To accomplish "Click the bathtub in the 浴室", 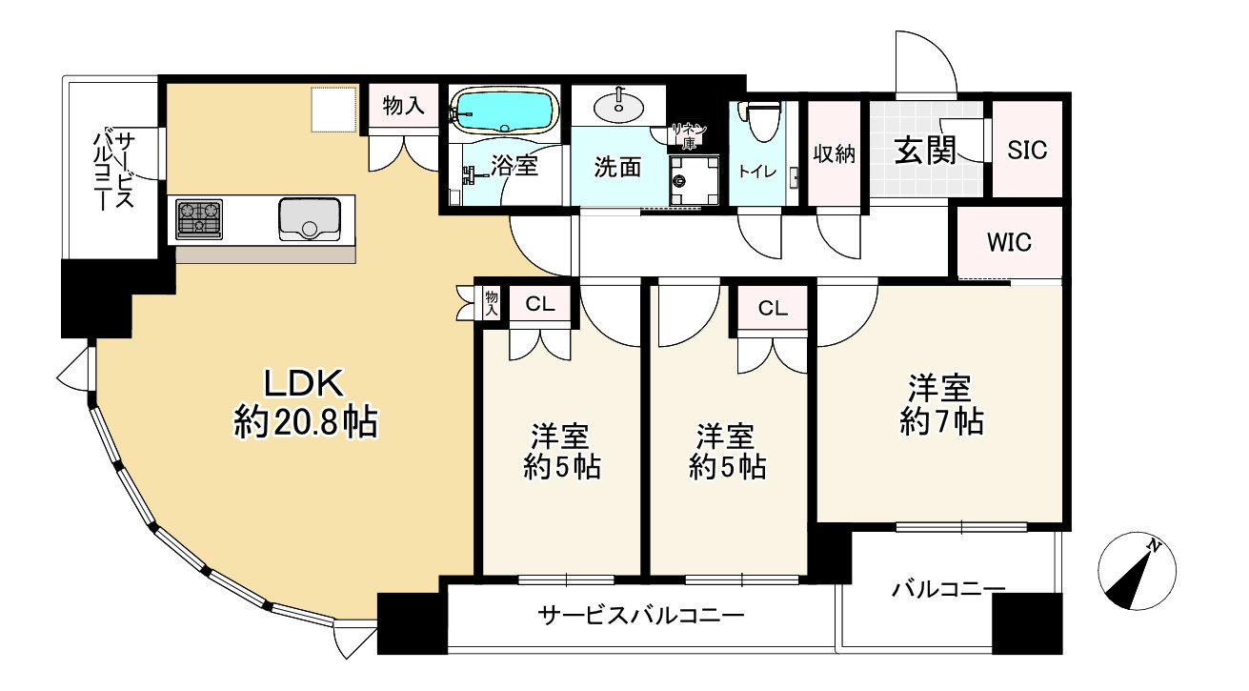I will coord(505,111).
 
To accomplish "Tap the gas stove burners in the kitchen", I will coord(199,219).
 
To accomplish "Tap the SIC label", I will coord(1027,151).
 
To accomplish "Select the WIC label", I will coord(1009,242).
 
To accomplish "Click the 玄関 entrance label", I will coord(924,151).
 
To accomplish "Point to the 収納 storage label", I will coord(835,153).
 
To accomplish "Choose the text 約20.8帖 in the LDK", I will coord(306,421).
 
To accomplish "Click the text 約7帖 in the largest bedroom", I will coord(941,420).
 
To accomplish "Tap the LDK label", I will coord(303,383).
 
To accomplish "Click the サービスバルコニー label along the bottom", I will coord(641,616).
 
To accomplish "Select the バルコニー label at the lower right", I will coord(948,590).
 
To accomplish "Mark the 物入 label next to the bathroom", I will coord(404,106).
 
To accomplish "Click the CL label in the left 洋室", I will coord(541,305).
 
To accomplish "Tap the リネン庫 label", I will coord(688,135).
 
